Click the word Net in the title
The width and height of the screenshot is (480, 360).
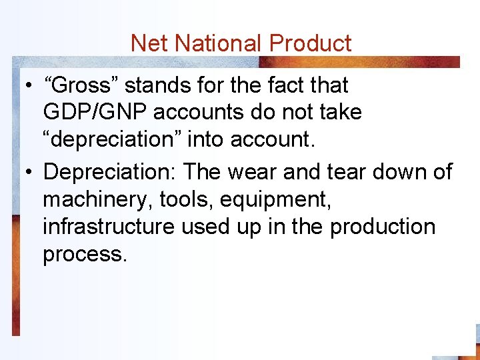(147, 43)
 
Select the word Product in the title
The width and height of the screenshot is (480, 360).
(309, 43)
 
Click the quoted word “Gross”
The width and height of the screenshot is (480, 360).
(81, 86)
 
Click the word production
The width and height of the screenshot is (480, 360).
(383, 226)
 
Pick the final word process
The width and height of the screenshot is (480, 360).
(83, 254)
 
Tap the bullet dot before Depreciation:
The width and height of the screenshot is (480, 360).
(27, 173)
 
